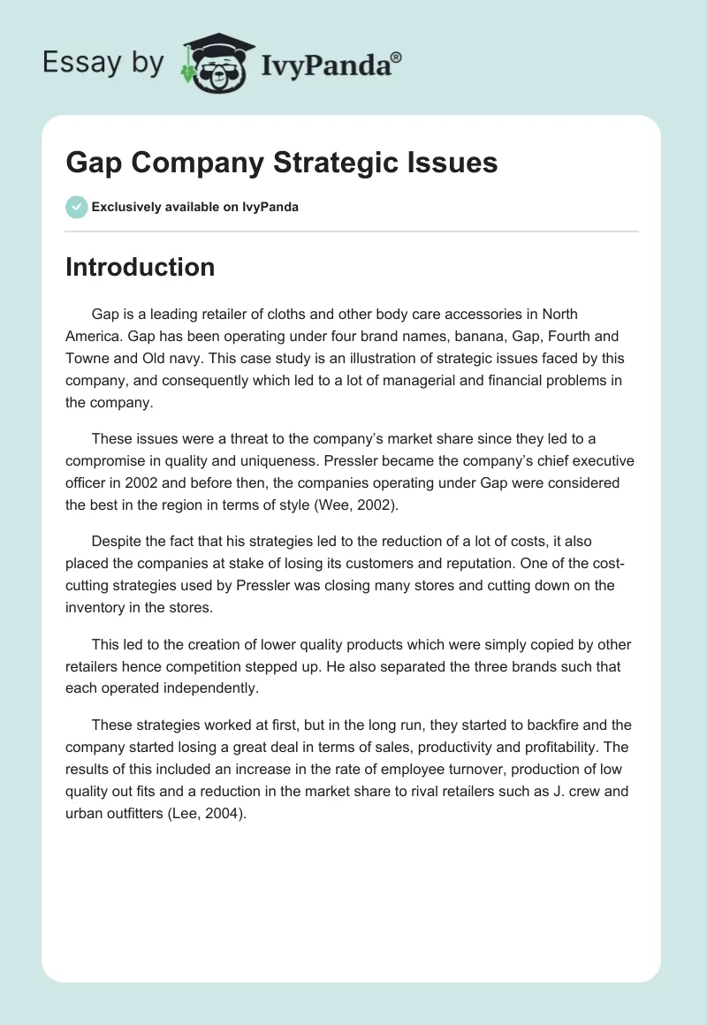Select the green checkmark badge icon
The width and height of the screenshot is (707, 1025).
pos(76,207)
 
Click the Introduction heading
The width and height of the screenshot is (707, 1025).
pos(140,267)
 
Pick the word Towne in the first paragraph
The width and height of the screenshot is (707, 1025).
pos(87,360)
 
